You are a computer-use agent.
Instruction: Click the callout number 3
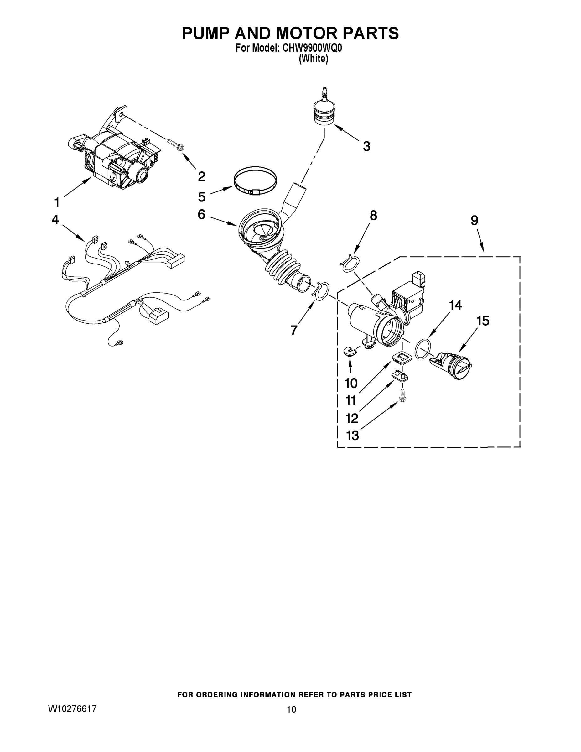pos(366,146)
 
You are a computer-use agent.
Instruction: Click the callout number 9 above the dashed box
pos(475,220)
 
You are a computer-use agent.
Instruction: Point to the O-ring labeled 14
pos(423,348)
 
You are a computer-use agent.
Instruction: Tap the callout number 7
pos(293,330)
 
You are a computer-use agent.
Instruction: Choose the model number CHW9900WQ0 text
pos(312,48)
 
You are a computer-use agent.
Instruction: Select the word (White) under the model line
pos(313,59)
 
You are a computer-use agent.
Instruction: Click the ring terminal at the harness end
pos(120,342)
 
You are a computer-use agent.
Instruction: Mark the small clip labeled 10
pos(350,351)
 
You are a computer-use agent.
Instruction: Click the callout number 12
pos(352,418)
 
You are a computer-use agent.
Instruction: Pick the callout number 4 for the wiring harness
pos(55,219)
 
